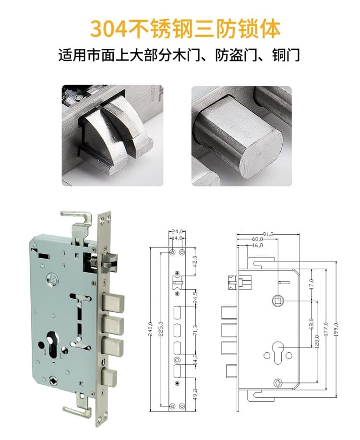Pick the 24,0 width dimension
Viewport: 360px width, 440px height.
coord(177,232)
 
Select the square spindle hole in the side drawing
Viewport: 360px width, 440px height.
coord(278,301)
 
